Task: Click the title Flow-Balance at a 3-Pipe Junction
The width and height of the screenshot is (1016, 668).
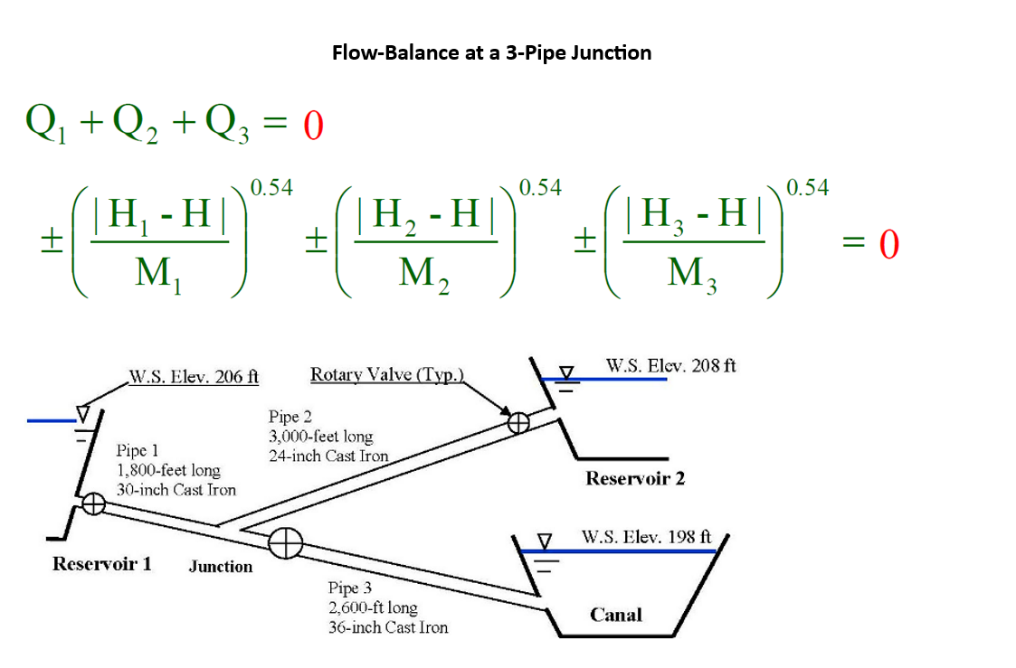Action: click(x=491, y=52)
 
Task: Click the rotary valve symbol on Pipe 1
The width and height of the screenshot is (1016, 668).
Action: click(x=92, y=505)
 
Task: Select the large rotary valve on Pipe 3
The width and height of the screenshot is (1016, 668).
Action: click(x=285, y=541)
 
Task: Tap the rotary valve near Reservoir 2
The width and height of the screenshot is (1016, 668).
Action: click(x=517, y=422)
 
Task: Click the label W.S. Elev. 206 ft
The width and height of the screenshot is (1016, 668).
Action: click(x=194, y=377)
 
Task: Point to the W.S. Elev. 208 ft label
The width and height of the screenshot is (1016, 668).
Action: click(x=670, y=366)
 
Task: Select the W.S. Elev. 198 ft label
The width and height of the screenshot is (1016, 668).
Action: click(x=648, y=536)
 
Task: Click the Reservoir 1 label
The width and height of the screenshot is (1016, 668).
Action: click(x=101, y=564)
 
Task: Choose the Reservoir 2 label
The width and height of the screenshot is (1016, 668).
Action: click(x=635, y=478)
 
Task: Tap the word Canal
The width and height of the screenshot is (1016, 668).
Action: click(x=615, y=615)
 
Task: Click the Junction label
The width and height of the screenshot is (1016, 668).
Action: click(x=220, y=567)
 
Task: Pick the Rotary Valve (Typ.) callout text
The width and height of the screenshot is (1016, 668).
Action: click(x=387, y=374)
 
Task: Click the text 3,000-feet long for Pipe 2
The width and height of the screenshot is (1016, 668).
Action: click(x=320, y=437)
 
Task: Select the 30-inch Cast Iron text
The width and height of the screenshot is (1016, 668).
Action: click(x=176, y=490)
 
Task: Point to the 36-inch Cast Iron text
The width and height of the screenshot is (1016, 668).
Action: click(x=387, y=626)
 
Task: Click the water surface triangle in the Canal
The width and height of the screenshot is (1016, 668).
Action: click(x=545, y=541)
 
